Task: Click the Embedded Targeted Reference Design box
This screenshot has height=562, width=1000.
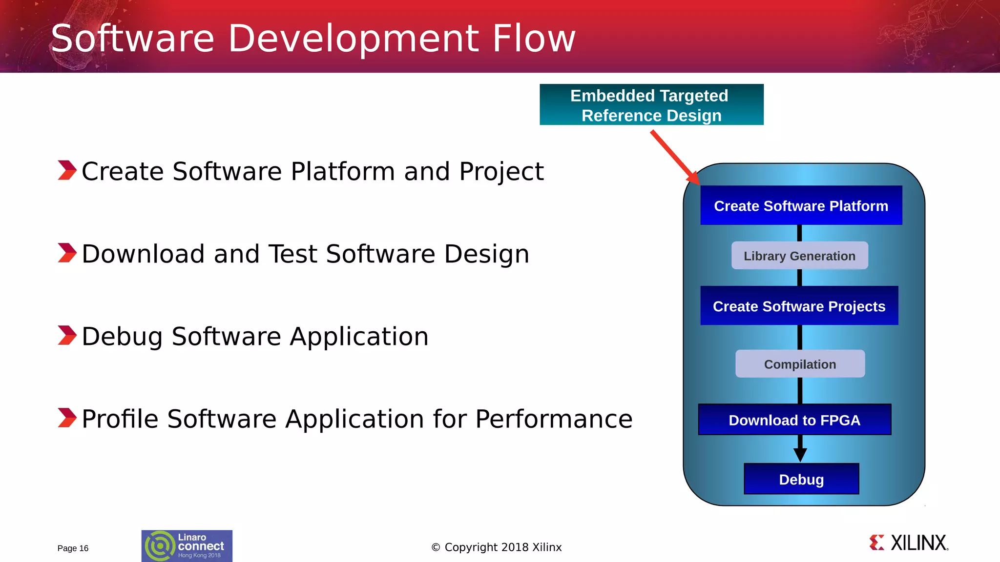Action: [651, 105]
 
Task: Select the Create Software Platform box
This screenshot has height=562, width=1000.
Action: [801, 205]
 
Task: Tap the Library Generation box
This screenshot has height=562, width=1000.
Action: [799, 256]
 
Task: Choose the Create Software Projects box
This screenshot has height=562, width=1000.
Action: [799, 306]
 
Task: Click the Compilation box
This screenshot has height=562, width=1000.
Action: [800, 364]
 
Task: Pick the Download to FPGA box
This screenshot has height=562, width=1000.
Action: [794, 420]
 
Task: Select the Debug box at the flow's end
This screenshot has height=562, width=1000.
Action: [801, 479]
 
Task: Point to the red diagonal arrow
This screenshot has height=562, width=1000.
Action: [674, 157]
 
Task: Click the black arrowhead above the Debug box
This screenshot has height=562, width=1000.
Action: [800, 454]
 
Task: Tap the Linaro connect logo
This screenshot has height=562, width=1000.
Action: [187, 546]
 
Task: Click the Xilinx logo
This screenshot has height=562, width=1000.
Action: [908, 543]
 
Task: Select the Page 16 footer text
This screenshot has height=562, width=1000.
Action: [73, 548]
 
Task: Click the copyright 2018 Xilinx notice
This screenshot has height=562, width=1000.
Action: [497, 547]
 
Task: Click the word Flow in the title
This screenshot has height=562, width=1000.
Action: [534, 39]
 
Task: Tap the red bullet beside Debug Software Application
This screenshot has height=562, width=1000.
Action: [67, 336]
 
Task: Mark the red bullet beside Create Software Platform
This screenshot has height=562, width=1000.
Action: [67, 170]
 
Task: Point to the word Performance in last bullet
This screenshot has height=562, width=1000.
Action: [554, 419]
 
